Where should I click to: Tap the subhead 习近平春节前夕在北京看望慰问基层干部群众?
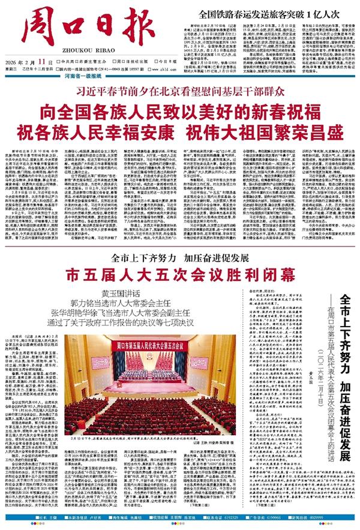pos(180,92)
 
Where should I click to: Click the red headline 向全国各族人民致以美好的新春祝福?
pos(180,110)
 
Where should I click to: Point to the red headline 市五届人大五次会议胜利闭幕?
pos(180,276)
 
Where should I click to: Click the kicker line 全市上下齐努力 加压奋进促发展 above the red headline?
pos(180,258)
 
